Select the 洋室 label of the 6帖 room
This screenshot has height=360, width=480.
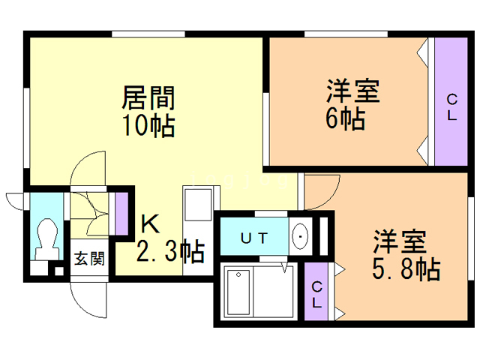352,92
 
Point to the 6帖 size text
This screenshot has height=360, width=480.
346,118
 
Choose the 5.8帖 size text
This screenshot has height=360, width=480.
405,268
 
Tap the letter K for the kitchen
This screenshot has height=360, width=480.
150,223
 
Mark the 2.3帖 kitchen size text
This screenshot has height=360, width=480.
170,252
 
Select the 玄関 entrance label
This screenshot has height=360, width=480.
88,259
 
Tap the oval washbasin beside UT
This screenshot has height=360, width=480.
301,238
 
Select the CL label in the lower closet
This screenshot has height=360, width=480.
317,295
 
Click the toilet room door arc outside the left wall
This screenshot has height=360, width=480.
16,200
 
